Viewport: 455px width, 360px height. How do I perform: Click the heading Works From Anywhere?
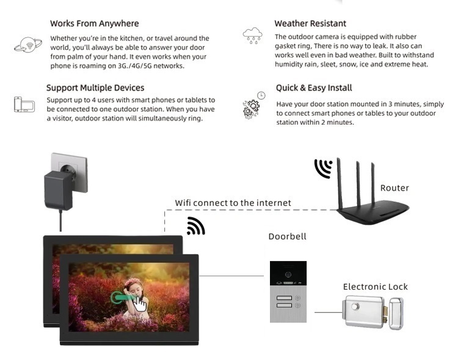(94, 23)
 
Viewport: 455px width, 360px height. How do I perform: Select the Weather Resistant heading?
(310, 23)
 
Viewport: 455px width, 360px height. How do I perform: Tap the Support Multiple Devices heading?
(95, 87)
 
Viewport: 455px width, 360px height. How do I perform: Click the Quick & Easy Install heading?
(314, 88)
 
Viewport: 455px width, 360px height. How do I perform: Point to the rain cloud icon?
(252, 35)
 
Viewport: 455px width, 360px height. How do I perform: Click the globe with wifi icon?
(28, 45)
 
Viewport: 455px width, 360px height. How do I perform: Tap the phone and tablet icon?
(24, 105)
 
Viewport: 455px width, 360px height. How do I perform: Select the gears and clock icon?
(253, 105)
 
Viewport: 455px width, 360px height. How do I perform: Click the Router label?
(395, 188)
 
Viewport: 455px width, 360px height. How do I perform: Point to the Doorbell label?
(287, 237)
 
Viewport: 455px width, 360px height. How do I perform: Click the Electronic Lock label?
(375, 287)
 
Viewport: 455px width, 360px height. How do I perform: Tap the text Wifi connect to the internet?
(233, 203)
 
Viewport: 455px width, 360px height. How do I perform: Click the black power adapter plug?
(59, 190)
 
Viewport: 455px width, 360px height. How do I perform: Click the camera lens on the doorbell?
(288, 274)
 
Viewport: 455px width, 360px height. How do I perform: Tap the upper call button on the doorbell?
(284, 298)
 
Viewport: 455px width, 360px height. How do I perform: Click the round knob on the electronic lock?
(355, 307)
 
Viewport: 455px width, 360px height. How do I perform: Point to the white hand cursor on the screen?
(140, 304)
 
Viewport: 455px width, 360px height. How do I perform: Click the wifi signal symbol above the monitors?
(196, 226)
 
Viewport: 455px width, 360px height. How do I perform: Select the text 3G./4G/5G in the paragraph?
(134, 66)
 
